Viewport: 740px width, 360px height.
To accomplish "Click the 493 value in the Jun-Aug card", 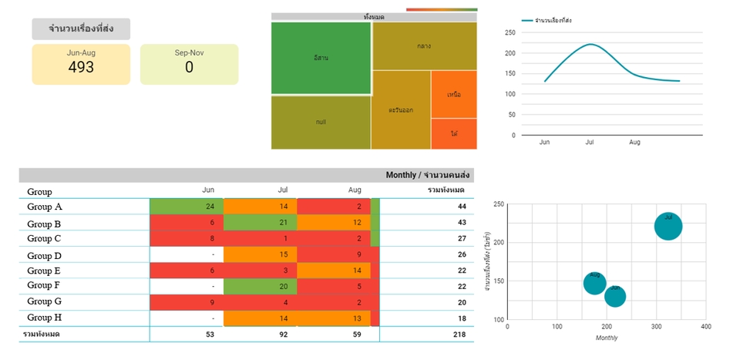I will pyautogui.click(x=81, y=67).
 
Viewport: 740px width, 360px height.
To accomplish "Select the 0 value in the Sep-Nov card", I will pyautogui.click(x=189, y=67).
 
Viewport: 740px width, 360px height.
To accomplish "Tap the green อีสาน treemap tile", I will pyautogui.click(x=321, y=58).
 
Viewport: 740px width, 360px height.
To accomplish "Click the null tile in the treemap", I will pyautogui.click(x=321, y=123).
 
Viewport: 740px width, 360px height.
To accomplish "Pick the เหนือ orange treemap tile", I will pyautogui.click(x=454, y=94).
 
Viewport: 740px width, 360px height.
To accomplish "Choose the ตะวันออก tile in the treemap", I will pyautogui.click(x=401, y=109).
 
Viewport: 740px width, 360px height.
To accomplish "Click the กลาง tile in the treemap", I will pyautogui.click(x=424, y=45).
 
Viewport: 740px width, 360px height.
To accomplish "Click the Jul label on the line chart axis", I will pyautogui.click(x=590, y=143).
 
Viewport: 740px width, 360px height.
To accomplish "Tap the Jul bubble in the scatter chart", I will pyautogui.click(x=668, y=227).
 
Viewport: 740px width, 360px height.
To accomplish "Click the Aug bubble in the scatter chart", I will pyautogui.click(x=594, y=283).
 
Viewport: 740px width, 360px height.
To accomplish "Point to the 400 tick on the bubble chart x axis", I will pyautogui.click(x=705, y=327).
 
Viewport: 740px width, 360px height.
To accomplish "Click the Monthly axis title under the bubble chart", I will pyautogui.click(x=607, y=338).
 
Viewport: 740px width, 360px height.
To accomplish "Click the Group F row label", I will pyautogui.click(x=44, y=286).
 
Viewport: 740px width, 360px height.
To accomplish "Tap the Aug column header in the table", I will pyautogui.click(x=355, y=190).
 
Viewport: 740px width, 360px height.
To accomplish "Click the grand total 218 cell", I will pyautogui.click(x=460, y=334).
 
